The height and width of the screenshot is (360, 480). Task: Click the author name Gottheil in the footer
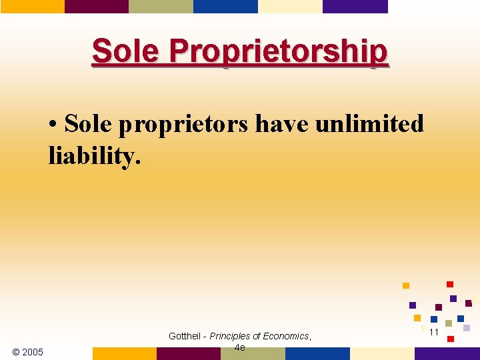coord(187,336)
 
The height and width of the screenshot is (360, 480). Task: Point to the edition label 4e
coord(240,347)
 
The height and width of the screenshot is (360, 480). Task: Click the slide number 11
coord(433,332)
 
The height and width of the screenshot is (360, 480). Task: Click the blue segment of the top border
coord(225,6)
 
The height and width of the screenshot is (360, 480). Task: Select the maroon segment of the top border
coord(96,6)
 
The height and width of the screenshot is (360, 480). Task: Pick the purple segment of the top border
coord(355,6)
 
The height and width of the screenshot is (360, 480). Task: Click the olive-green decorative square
coord(449,323)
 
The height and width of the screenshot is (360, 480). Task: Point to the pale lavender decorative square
coord(467,328)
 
